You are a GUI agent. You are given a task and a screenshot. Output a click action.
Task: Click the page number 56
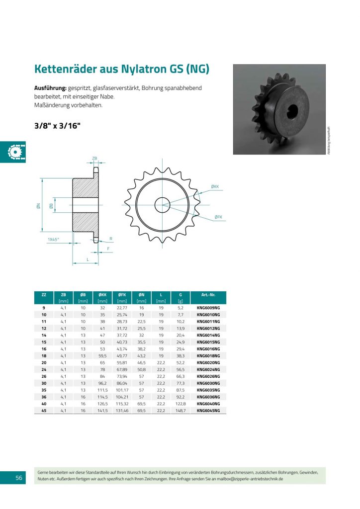18,478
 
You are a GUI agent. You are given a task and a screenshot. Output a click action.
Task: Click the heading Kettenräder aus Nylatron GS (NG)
121,69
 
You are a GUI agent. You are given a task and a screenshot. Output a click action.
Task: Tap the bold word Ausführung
50,87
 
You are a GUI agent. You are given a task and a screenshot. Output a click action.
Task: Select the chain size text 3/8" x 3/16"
57,126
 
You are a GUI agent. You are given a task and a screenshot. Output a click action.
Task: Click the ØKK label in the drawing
215,186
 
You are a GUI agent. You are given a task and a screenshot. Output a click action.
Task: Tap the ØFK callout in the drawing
218,217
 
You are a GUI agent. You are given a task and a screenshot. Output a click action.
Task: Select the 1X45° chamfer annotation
53,239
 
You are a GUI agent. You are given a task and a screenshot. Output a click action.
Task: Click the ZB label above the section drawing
95,158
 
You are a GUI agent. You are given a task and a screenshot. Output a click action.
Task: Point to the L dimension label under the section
88,259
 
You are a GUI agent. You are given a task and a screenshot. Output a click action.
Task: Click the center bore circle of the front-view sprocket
162,204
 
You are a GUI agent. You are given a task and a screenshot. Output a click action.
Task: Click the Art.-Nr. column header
208,295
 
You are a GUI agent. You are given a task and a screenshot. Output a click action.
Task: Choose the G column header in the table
180,295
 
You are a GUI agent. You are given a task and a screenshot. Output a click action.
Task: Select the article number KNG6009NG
208,308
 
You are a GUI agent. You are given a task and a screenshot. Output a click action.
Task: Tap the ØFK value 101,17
122,390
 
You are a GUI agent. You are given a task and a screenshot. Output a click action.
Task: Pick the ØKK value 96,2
102,383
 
